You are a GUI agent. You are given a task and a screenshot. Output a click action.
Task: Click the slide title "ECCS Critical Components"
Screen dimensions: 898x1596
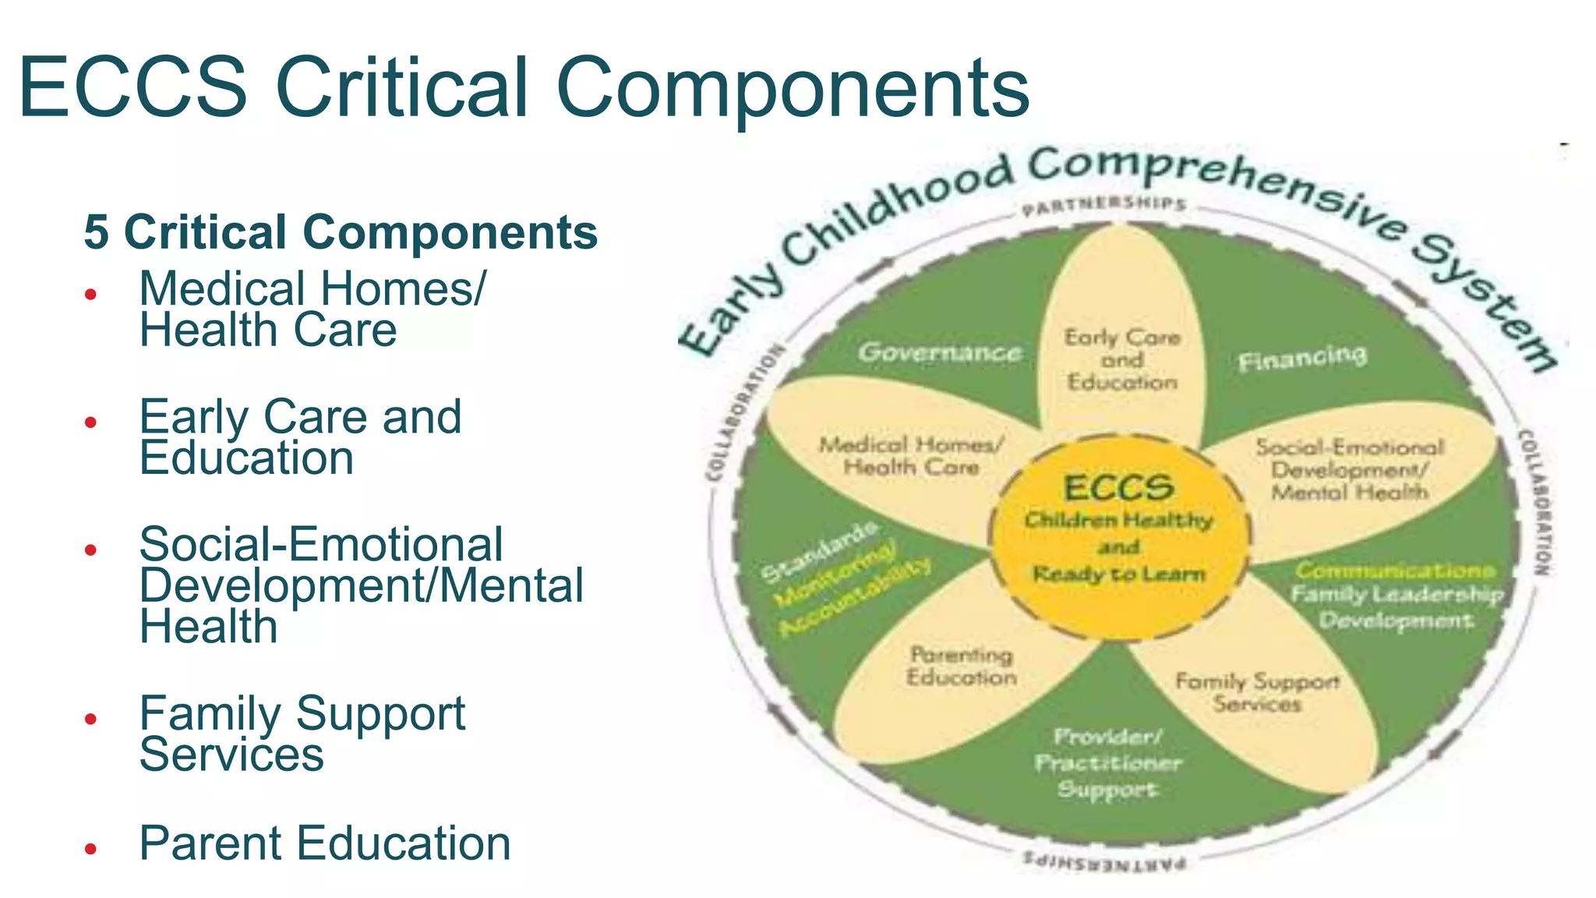pyautogui.click(x=524, y=87)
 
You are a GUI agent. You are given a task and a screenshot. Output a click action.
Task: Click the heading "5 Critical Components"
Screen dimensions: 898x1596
pyautogui.click(x=341, y=232)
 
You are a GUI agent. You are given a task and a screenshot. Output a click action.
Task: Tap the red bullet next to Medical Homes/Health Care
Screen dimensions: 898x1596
pyautogui.click(x=91, y=295)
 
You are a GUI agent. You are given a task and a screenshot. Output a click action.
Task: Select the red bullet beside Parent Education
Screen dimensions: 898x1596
pyautogui.click(x=91, y=848)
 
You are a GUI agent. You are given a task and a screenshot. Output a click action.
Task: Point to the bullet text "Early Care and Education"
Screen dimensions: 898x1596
pyautogui.click(x=300, y=437)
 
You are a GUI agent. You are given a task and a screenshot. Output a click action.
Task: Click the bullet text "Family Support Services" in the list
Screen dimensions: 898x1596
pyautogui.click(x=302, y=734)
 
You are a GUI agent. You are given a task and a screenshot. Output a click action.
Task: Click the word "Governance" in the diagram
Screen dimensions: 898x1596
pyautogui.click(x=940, y=352)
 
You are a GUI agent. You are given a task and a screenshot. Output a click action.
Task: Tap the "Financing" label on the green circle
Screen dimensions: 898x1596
pyautogui.click(x=1302, y=358)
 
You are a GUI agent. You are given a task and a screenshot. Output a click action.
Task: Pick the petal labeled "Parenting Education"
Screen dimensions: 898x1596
pyautogui.click(x=962, y=666)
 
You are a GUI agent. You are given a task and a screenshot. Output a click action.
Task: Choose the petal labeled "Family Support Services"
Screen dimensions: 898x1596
pyautogui.click(x=1257, y=692)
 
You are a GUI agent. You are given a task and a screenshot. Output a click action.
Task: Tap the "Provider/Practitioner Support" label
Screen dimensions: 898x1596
pyautogui.click(x=1107, y=763)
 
